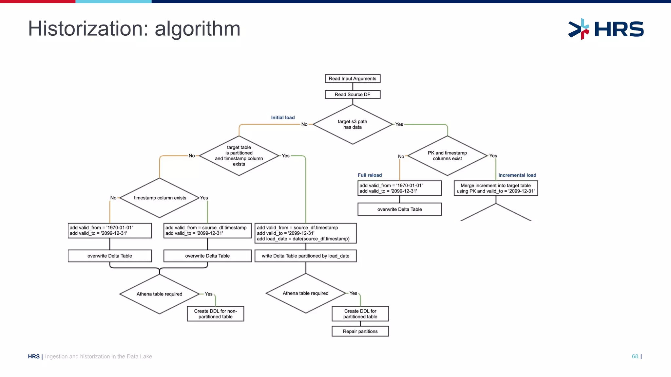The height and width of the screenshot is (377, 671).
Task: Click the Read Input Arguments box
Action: coord(353,79)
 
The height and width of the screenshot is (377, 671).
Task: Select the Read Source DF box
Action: coord(353,95)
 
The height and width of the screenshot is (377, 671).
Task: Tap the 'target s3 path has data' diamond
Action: coord(353,124)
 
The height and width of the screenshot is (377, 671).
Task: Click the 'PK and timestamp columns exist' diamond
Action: coord(447,156)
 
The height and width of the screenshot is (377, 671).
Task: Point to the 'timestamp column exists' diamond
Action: coord(160,198)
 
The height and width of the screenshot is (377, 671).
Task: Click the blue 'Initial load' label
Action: coord(283,117)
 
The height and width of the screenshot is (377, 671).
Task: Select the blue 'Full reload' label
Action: coord(370,175)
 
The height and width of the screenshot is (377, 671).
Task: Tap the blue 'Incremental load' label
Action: coord(517,175)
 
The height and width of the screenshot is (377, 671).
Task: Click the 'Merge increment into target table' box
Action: coord(496,188)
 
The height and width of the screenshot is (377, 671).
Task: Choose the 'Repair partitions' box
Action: coord(360,331)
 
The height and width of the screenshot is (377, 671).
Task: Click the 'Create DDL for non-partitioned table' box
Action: coord(215,314)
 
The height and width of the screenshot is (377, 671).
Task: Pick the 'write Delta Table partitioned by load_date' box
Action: coord(305,256)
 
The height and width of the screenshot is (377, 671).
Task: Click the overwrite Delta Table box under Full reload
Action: coord(399,209)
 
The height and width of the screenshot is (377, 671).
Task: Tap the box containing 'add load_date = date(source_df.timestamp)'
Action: coord(305,233)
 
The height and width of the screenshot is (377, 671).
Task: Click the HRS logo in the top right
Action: coord(606,29)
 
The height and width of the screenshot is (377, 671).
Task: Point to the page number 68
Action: coord(635,356)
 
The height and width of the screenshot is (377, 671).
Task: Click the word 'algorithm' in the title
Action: coord(197,29)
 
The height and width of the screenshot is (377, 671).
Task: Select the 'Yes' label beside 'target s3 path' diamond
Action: coord(399,124)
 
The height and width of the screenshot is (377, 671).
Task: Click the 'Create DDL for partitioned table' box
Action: coord(360,314)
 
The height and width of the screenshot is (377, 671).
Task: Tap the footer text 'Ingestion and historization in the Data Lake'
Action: coord(98,356)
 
